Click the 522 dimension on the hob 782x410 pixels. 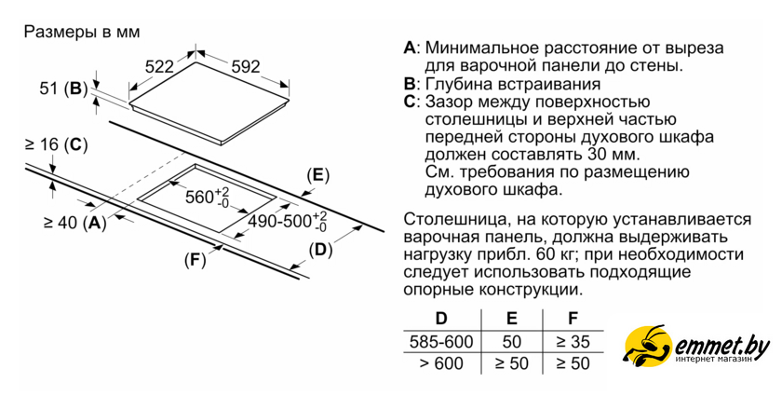pos(160,67)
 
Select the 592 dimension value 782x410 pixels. pos(245,67)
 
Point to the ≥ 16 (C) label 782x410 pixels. pos(55,144)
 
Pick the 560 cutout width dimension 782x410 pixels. pos(207,197)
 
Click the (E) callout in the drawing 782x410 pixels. pos(317,175)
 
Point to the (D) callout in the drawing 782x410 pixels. pos(320,249)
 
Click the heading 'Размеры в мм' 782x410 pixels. pos(81,32)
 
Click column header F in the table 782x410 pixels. pos(573,319)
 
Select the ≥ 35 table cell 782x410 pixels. pos(573,341)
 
